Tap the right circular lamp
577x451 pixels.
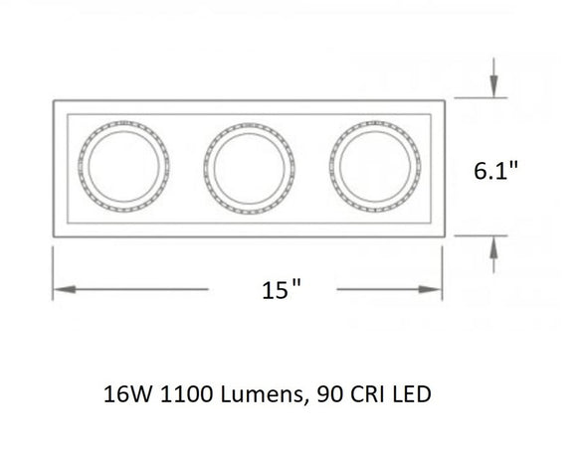click(373, 167)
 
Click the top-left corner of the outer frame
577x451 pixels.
click(53, 99)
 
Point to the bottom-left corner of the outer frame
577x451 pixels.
click(53, 236)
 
